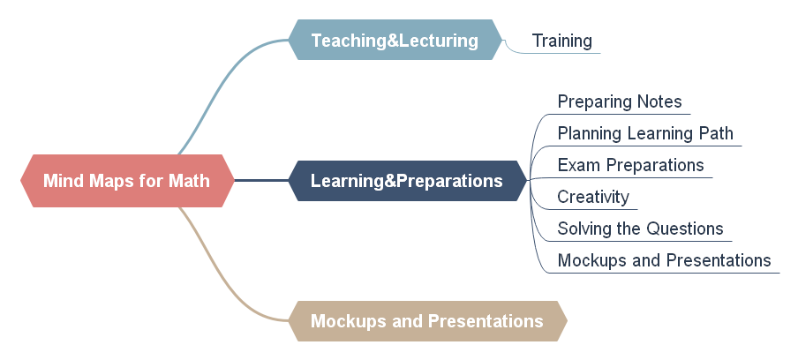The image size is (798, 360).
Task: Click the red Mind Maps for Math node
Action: tap(127, 181)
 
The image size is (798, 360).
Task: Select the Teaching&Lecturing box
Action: tap(395, 40)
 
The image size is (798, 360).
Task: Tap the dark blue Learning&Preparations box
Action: tap(408, 181)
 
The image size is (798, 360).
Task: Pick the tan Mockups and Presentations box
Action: tap(427, 321)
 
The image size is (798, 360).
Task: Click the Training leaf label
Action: tap(561, 41)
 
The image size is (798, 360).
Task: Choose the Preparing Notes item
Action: tap(620, 101)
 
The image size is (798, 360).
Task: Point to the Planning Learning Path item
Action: tap(645, 133)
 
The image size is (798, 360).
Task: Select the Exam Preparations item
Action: tap(630, 165)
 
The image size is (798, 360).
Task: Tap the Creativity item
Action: tap(593, 197)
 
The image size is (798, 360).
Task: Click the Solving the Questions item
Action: tap(640, 229)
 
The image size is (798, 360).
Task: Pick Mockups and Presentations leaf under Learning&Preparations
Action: tap(664, 260)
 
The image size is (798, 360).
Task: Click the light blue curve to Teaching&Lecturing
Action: tap(223, 86)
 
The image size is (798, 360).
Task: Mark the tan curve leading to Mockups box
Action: tap(223, 275)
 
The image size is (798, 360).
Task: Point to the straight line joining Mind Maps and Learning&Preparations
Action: tap(261, 181)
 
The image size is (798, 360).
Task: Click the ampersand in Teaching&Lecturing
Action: tap(393, 41)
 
